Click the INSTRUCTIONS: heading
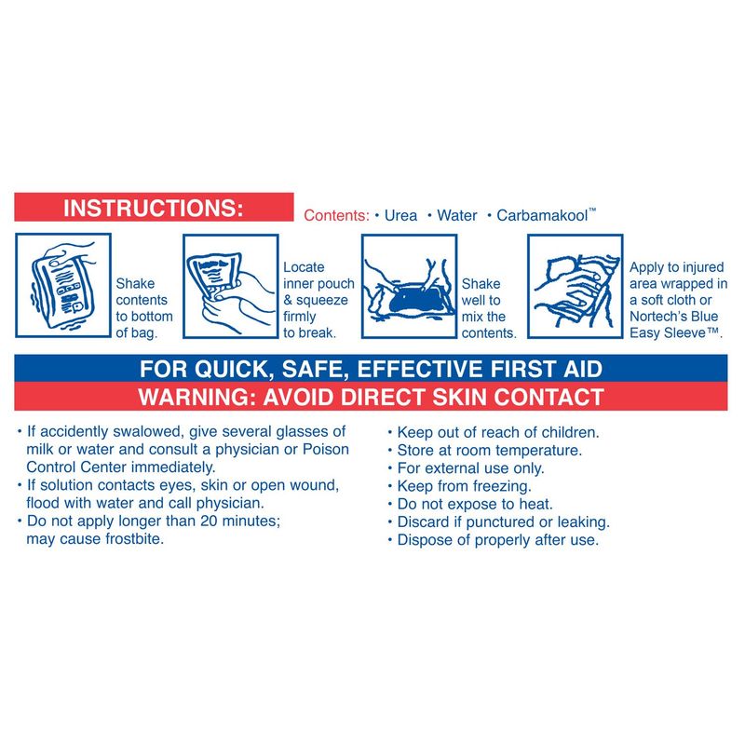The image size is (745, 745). [x=153, y=208]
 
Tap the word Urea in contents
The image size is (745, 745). [x=400, y=216]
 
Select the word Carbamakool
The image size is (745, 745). [x=542, y=216]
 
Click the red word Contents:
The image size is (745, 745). [x=336, y=216]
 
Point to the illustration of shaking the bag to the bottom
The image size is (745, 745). [x=63, y=285]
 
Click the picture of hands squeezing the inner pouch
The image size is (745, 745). [x=230, y=286]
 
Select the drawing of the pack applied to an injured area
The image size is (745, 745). [x=575, y=286]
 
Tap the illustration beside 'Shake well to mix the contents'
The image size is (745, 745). [x=409, y=286]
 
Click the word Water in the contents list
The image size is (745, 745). [x=456, y=216]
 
